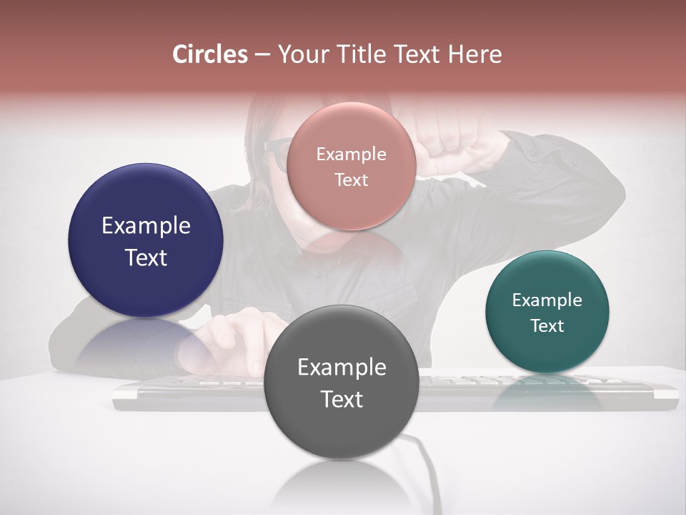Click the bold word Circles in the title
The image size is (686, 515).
click(210, 54)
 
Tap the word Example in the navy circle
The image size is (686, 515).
click(146, 225)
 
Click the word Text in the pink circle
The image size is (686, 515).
click(351, 180)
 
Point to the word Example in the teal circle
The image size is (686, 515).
click(547, 300)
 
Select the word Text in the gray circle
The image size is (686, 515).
click(341, 398)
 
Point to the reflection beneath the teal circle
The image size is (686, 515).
click(547, 390)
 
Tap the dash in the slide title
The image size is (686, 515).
click(262, 54)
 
